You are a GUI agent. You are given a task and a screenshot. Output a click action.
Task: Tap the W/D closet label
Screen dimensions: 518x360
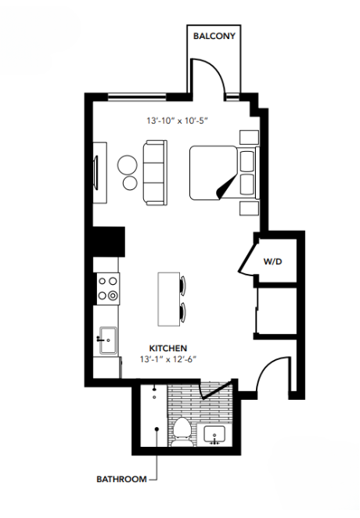(272, 261)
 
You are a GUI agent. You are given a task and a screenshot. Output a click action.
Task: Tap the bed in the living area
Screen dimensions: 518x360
(217, 174)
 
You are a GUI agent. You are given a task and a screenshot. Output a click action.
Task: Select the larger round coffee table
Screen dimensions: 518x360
(128, 164)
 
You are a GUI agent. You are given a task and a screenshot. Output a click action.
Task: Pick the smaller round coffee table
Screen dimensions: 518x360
(130, 184)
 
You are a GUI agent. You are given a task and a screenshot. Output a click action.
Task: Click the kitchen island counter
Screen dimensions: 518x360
(168, 299)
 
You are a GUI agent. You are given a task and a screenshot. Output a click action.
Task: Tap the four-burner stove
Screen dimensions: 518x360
(107, 288)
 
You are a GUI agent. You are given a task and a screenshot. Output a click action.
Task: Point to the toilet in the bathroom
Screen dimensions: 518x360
(182, 430)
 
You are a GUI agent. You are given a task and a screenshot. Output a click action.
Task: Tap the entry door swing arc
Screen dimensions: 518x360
(271, 376)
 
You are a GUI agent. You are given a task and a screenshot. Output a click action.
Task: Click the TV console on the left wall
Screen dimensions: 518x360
(99, 172)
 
